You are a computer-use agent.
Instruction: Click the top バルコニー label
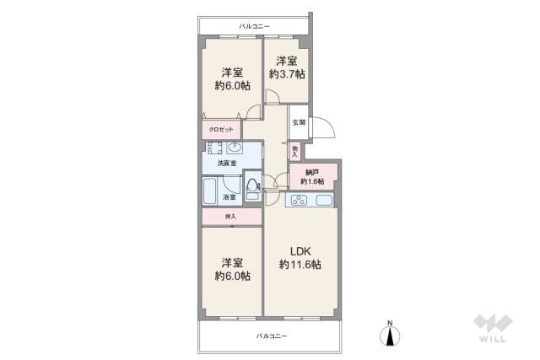click(x=254, y=27)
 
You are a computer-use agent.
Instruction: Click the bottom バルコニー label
click(x=272, y=336)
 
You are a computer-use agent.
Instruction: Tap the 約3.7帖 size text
click(x=287, y=75)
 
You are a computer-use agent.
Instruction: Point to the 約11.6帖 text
click(x=300, y=264)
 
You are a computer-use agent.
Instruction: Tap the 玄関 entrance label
click(x=299, y=122)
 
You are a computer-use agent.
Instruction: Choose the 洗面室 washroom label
click(x=226, y=163)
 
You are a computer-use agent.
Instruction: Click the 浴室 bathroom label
click(x=229, y=197)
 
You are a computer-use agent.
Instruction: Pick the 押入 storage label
click(x=230, y=217)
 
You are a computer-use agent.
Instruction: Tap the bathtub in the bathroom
click(x=212, y=191)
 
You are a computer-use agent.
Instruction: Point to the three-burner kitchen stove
click(x=299, y=200)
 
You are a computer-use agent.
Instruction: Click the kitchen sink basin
click(x=325, y=200)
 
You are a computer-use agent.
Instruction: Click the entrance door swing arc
click(x=326, y=126)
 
